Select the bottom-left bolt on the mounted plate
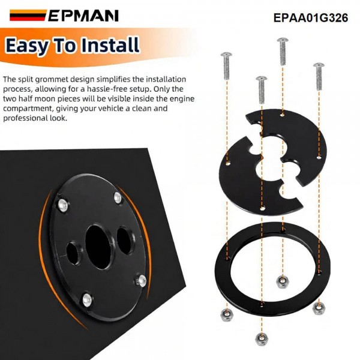pyautogui.click(x=88, y=298)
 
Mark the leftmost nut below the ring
pyautogui.click(x=226, y=313)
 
